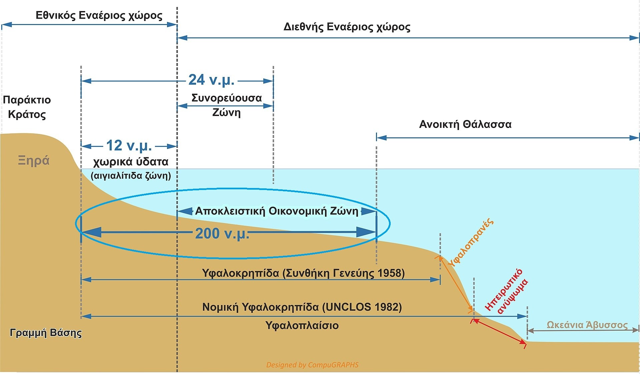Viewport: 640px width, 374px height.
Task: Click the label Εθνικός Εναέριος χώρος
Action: click(99, 16)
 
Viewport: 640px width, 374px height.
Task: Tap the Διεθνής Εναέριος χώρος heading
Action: click(347, 27)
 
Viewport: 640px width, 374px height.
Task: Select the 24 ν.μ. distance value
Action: click(211, 80)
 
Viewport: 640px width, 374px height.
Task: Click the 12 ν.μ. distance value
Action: click(129, 146)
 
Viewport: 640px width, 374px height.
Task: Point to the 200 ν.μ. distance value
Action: click(222, 233)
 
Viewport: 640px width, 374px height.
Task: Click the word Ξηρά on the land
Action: click(34, 161)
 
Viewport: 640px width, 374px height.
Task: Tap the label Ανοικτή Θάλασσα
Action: click(465, 124)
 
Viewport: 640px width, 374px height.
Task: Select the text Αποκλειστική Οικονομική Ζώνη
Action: click(277, 211)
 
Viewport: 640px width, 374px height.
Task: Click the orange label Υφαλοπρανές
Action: click(471, 243)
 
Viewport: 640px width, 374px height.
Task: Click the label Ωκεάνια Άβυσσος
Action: click(587, 325)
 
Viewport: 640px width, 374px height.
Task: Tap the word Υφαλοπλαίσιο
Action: click(302, 325)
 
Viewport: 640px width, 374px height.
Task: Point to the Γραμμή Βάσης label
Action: click(46, 333)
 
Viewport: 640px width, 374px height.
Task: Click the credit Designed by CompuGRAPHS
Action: click(312, 365)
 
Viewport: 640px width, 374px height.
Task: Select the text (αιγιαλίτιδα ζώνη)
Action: click(131, 176)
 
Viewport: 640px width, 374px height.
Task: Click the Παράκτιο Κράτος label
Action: click(27, 107)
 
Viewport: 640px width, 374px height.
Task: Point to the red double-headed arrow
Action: click(499, 331)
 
